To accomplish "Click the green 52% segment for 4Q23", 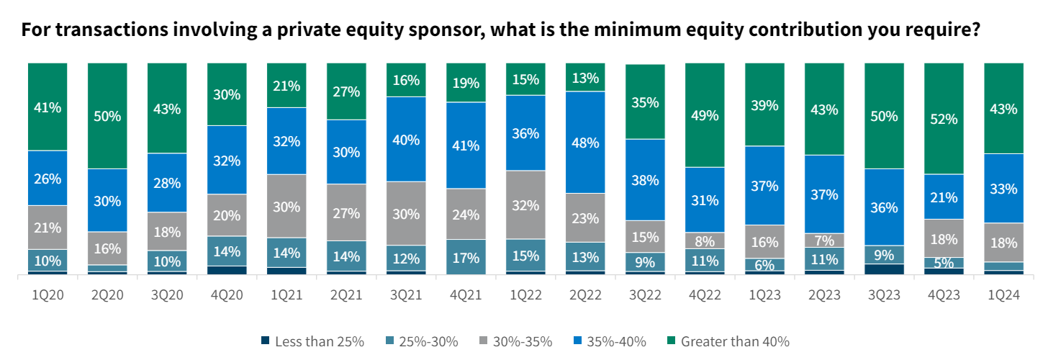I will click(x=943, y=118).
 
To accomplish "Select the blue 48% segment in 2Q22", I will click(x=584, y=142).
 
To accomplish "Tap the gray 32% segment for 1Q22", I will click(x=525, y=204).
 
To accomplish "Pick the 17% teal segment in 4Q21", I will click(x=465, y=256).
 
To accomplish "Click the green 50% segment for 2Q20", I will click(x=107, y=115).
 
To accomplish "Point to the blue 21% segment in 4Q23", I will click(x=943, y=197).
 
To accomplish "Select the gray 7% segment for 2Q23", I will click(x=823, y=240).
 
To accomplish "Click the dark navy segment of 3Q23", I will click(x=883, y=269).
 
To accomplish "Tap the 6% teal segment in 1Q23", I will click(x=764, y=264).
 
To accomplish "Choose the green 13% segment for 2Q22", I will click(x=584, y=77).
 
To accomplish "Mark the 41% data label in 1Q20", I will click(x=48, y=107).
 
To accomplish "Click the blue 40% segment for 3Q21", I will click(x=405, y=139).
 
